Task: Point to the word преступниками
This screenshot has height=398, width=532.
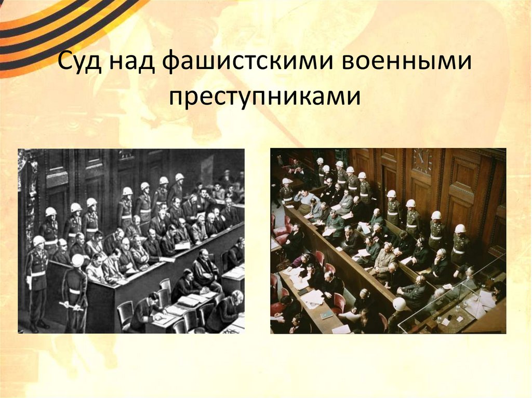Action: click(x=264, y=96)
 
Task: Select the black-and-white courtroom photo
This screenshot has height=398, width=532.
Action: click(x=131, y=241)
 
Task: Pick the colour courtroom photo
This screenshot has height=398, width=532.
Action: click(x=388, y=241)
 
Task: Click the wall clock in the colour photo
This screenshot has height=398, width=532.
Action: click(x=422, y=161)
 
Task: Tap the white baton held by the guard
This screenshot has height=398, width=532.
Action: click(x=70, y=306)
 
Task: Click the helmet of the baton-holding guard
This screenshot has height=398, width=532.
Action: click(x=77, y=259)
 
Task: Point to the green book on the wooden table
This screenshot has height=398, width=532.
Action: click(x=326, y=315)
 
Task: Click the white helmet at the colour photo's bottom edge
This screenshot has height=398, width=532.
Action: click(x=400, y=304)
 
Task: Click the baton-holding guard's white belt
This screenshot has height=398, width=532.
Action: click(x=76, y=291)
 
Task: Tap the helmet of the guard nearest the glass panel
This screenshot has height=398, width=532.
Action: click(x=460, y=228)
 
